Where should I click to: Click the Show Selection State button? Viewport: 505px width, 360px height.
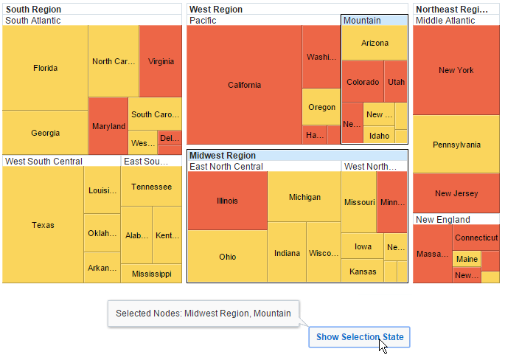pos(359,337)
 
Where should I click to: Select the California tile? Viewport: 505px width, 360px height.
pos(244,85)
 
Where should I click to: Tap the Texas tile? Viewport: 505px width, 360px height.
pos(43,225)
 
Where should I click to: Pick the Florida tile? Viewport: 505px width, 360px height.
pos(45,68)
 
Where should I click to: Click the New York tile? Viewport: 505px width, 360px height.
pos(456,70)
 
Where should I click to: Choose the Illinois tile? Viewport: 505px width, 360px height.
pos(227,201)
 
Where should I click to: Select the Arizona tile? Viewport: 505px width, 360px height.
pos(375,43)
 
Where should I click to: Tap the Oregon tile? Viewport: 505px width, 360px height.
pos(321,107)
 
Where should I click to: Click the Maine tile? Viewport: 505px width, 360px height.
pos(466,259)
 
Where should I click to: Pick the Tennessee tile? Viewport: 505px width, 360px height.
pos(151,187)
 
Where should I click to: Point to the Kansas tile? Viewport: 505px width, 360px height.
pos(362,271)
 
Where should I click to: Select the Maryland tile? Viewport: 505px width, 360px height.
pos(108,126)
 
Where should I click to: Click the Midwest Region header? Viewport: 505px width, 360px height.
pos(223,156)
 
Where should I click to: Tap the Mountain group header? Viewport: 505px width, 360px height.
pos(362,20)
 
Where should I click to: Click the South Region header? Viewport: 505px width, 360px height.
pos(34,10)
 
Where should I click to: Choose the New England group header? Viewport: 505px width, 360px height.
pos(442,220)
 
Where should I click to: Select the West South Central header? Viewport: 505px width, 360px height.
pos(43,161)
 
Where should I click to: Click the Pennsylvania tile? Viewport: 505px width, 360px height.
pos(456,145)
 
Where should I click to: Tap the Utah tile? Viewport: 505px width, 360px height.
pos(396,82)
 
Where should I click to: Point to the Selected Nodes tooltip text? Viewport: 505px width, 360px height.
pos(203,314)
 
